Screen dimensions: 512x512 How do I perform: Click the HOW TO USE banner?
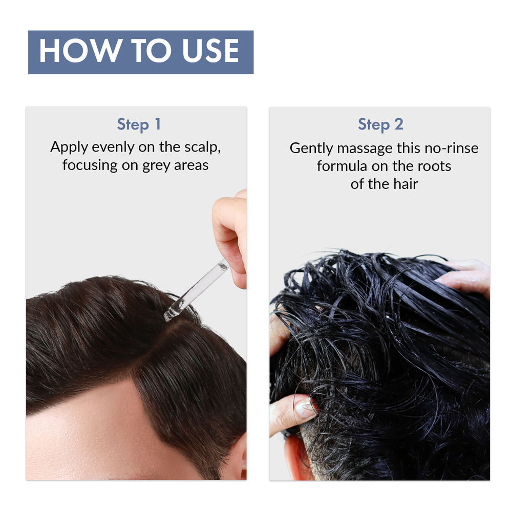coord(140,52)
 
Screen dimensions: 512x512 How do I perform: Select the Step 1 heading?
coord(139,124)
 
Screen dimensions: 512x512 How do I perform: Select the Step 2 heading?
coord(380,124)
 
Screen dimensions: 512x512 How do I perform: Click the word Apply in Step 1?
coord(69,148)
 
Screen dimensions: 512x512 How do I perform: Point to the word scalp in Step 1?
coord(203,148)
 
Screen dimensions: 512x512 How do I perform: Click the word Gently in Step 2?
coord(310,148)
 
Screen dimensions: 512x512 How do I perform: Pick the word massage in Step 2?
coord(364,148)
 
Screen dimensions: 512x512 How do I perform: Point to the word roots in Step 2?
coord(434,166)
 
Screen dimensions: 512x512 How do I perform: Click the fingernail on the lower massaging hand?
coord(305,408)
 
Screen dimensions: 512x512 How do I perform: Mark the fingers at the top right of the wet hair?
coord(466,276)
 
